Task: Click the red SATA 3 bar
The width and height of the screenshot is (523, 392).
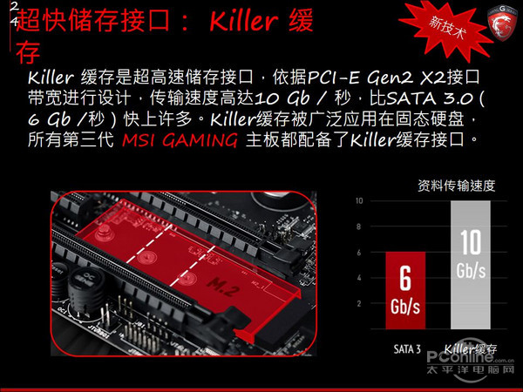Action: [x=405, y=290]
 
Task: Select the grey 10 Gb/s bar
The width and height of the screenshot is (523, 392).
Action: [x=471, y=265]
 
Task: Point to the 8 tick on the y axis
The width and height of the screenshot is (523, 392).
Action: [x=359, y=226]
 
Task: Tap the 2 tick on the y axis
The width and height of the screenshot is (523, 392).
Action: [x=359, y=303]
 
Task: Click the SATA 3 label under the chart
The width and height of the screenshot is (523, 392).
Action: [x=407, y=349]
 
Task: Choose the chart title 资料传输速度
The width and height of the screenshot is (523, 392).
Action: [x=456, y=186]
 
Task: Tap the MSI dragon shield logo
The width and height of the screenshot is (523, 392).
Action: [x=502, y=26]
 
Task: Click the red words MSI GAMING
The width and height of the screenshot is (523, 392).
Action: [x=180, y=139]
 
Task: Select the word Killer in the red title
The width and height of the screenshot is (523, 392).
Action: [x=243, y=21]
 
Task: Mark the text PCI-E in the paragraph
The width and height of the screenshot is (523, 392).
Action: [x=333, y=78]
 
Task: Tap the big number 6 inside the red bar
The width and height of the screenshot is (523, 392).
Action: [x=405, y=279]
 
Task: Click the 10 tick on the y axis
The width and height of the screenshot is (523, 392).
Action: [x=359, y=200]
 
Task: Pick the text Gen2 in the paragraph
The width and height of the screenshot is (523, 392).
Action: [x=390, y=78]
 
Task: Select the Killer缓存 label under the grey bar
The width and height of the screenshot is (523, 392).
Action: [x=471, y=349]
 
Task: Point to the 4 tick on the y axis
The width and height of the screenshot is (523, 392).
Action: [x=359, y=278]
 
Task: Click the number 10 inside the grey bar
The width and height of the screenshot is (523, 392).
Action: [x=471, y=242]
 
